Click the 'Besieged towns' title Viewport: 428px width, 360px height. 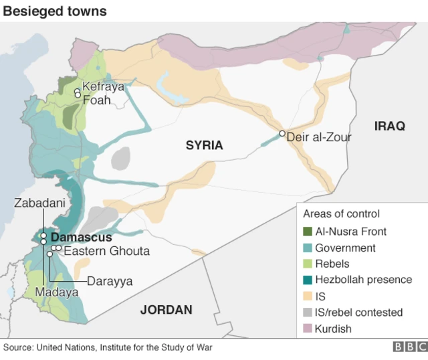coord(54,11)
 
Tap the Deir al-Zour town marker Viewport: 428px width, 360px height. coord(282,133)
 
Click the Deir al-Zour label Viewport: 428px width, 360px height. coord(318,137)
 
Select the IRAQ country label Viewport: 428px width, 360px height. coord(390,126)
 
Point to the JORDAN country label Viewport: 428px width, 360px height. coord(166,310)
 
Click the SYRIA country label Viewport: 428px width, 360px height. coord(204,145)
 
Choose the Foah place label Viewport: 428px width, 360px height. coord(96,100)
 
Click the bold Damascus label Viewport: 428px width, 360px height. coord(81,238)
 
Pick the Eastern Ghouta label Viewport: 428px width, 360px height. coord(106,252)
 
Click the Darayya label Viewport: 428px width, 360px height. coord(110,282)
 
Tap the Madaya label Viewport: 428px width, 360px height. coord(57,292)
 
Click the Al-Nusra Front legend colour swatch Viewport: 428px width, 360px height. coord(308,232)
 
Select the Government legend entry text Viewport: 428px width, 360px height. coord(345,248)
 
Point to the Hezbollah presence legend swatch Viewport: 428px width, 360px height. coord(308,280)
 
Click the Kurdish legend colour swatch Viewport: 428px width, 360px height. coord(308,329)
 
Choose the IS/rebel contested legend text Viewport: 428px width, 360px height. coord(358,312)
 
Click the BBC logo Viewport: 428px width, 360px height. coord(409,347)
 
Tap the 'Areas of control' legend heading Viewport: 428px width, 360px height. coord(341,214)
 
